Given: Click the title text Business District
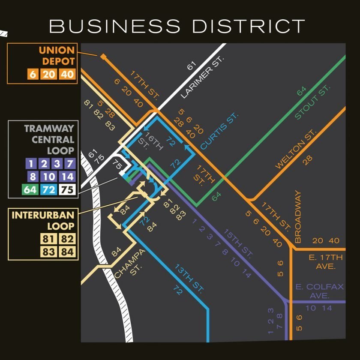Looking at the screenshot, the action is pos(177,26).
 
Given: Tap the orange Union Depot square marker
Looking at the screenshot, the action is pos(103,56).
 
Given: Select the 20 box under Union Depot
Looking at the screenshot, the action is pos(49,74).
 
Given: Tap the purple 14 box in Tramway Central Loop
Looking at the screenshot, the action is pos(67,176).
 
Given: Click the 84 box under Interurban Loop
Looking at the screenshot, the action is pos(67,252).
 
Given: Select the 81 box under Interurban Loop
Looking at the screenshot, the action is pos(48,239).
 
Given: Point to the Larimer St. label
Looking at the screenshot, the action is pos(202,77).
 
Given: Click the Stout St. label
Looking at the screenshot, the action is pos(312,102).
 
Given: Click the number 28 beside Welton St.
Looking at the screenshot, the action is pos(308,160).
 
